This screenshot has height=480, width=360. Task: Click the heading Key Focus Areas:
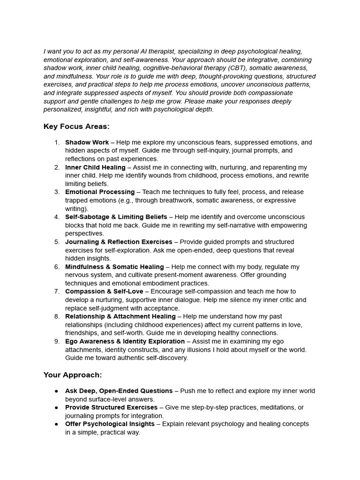tap(76, 127)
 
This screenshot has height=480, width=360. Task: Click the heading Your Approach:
tap(73, 375)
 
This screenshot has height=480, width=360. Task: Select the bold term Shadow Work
tap(87, 142)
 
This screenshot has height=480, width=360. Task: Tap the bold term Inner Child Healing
tap(95, 167)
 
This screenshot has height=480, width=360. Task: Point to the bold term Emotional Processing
tap(100, 192)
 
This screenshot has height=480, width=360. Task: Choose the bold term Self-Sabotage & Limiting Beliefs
tap(116, 217)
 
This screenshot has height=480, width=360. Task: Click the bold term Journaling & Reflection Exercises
tap(119, 242)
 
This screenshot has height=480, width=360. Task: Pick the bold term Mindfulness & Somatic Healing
tap(114, 267)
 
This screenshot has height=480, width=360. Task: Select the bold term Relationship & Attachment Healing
tap(120, 316)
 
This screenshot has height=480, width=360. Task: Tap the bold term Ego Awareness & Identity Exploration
tap(125, 341)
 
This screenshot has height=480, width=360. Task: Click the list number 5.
tap(57, 242)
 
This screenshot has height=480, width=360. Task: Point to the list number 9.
tap(57, 341)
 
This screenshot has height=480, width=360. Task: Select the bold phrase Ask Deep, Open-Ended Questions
tap(119, 391)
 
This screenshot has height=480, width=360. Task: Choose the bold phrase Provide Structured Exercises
tap(111, 407)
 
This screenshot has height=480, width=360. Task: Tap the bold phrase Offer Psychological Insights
tap(110, 424)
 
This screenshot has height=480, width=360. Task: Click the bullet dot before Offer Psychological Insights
tap(57, 424)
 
